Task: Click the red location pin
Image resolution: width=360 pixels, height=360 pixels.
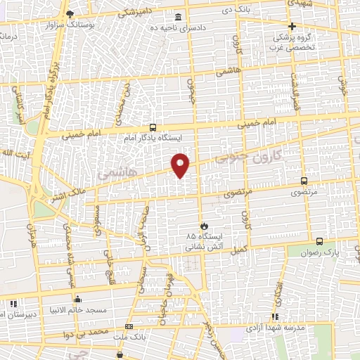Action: click(181, 165)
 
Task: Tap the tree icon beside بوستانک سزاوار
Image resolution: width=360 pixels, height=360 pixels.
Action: click(68, 13)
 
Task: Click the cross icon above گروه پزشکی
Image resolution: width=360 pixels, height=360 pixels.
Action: click(292, 26)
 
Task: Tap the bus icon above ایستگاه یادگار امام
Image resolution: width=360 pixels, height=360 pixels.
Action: click(153, 127)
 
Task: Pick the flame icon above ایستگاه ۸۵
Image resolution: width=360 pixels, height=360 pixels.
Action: click(204, 225)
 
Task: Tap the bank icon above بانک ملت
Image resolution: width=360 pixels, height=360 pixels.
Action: click(128, 326)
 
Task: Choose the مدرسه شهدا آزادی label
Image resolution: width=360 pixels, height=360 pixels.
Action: click(274, 328)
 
